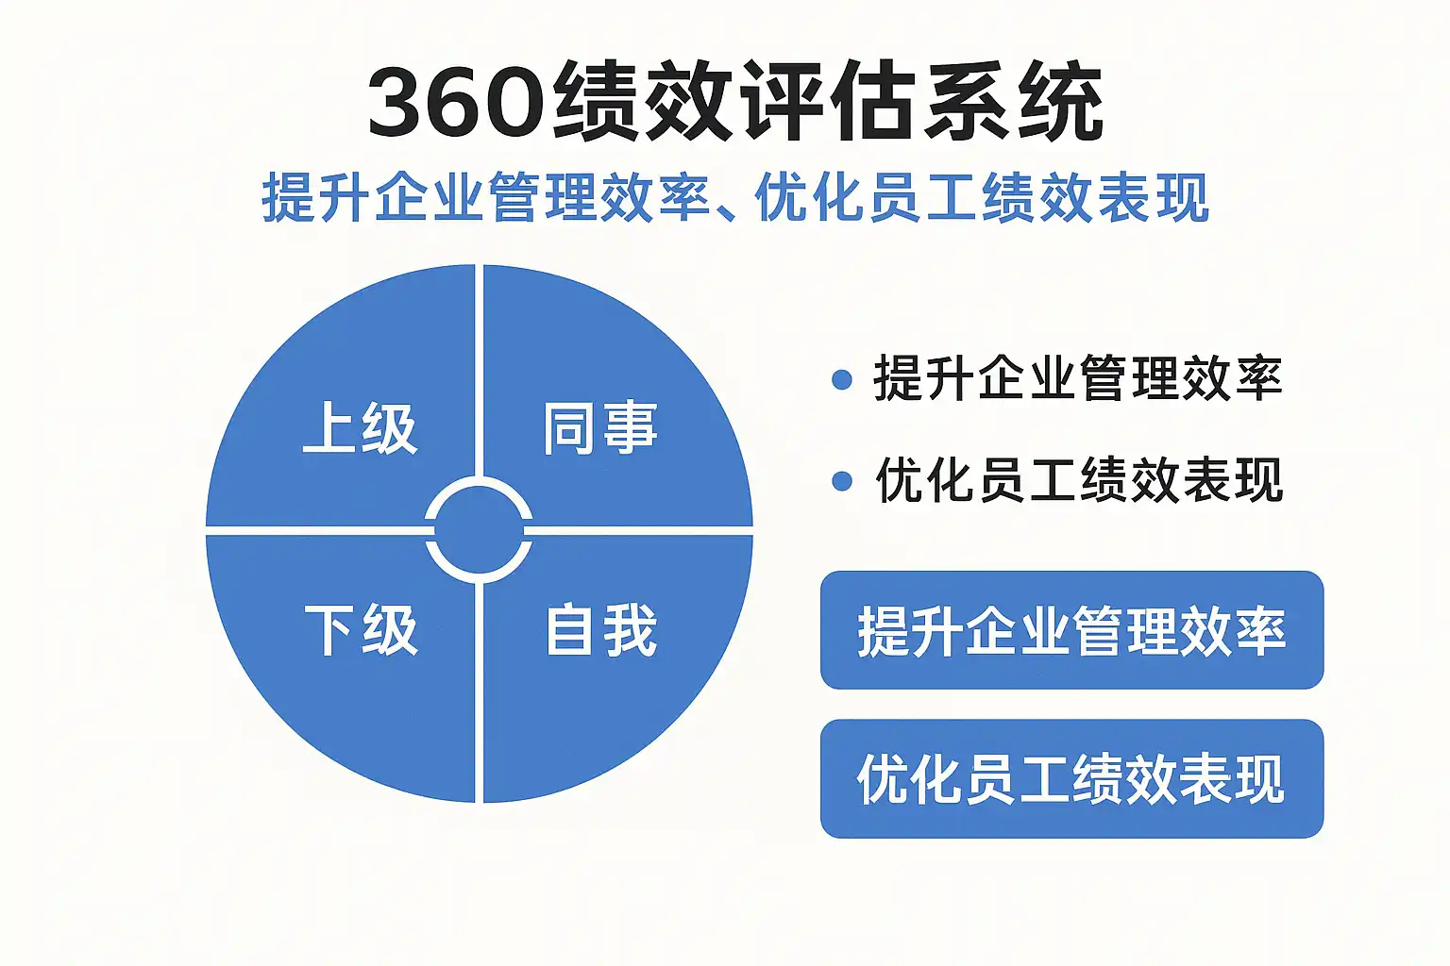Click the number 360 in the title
pyautogui.click(x=455, y=102)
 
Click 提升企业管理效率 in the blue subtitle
pyautogui.click(x=485, y=198)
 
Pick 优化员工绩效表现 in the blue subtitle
pyautogui.click(x=982, y=198)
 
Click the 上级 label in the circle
pyautogui.click(x=360, y=429)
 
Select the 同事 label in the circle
pyautogui.click(x=599, y=429)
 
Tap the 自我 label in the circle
pyautogui.click(x=601, y=630)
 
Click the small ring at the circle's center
pyautogui.click(x=479, y=531)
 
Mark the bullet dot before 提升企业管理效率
pyautogui.click(x=842, y=380)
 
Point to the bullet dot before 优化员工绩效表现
pyautogui.click(x=842, y=482)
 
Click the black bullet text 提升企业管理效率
pyautogui.click(x=1077, y=379)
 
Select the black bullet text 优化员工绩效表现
pyautogui.click(x=1079, y=481)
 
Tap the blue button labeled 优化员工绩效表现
pyautogui.click(x=1071, y=778)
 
